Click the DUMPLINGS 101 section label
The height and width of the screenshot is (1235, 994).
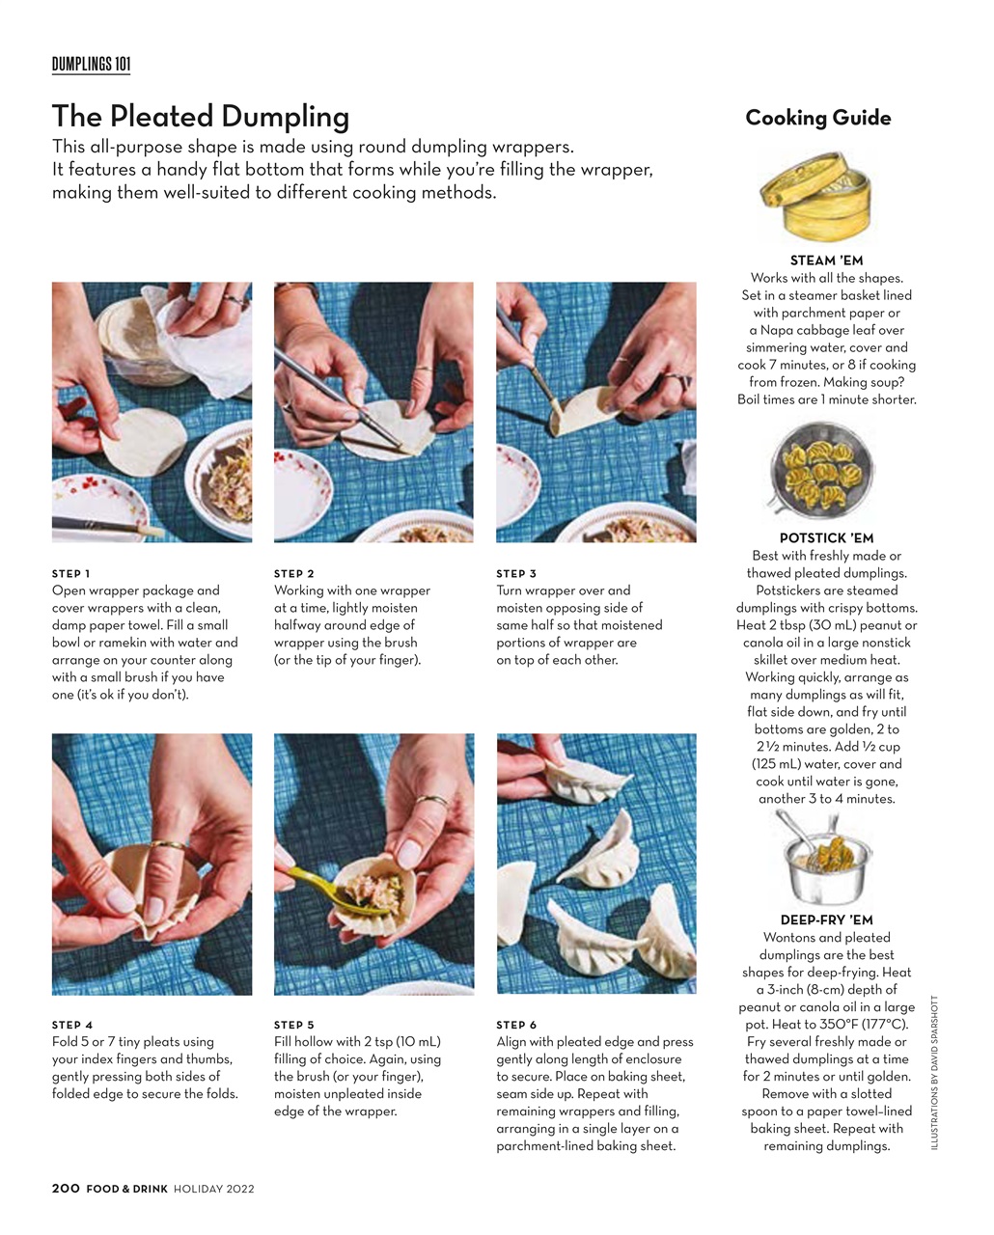pos(91,65)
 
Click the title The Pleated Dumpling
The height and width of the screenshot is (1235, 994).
pos(200,117)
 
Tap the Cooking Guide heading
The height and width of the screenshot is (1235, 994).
pos(817,118)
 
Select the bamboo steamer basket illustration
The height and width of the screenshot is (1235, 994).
pos(815,197)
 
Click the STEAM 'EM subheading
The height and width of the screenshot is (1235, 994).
pos(826,261)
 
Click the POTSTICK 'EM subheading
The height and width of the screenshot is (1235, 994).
pos(826,538)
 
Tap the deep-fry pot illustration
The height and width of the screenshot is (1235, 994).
pos(821,860)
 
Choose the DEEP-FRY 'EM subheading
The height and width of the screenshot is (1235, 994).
pos(826,920)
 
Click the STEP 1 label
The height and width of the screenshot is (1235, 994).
pos(71,574)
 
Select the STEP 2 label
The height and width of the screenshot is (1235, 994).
pos(294,574)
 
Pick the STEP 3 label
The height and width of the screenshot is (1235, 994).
pos(516,574)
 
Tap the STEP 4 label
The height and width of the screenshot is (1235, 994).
pos(72,1026)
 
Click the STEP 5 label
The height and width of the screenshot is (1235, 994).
pos(294,1026)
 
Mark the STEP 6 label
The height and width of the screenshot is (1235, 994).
pos(516,1026)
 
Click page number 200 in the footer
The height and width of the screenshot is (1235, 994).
pos(66,1190)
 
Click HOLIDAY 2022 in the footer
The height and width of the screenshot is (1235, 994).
pos(213,1190)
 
